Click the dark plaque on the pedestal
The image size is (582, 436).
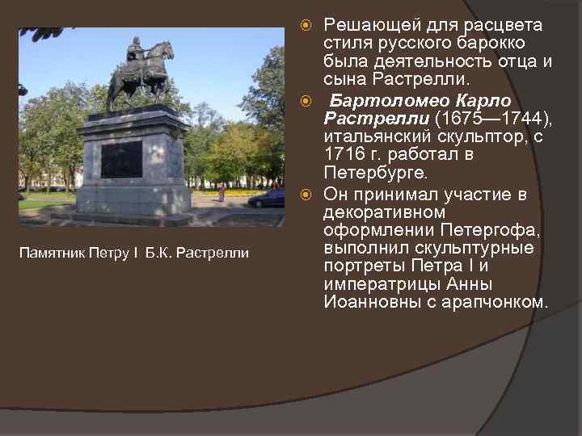[x=121, y=159]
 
